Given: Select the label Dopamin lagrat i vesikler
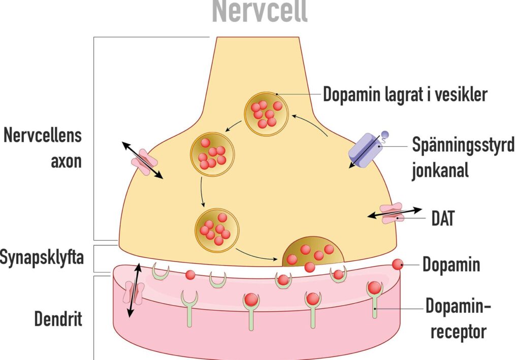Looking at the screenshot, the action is (405, 94).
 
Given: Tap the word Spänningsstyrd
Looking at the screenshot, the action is (463, 145).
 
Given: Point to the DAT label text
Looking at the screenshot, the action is (443, 218).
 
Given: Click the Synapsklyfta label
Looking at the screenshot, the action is (42, 258).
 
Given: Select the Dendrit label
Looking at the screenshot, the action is (58, 319).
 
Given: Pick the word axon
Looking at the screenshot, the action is (67, 161).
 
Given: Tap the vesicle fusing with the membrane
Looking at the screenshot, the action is (313, 252).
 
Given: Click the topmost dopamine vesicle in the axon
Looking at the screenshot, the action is (266, 114).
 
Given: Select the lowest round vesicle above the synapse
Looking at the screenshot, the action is (217, 231).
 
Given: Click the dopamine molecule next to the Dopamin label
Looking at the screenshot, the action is (398, 265).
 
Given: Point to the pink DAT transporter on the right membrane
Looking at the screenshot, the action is (393, 213).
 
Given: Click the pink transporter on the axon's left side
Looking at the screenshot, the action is (144, 162).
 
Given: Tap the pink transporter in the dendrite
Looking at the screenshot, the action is (134, 292).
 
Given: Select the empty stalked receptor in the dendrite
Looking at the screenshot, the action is (189, 308).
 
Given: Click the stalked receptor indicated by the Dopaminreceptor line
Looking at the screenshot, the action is (374, 300).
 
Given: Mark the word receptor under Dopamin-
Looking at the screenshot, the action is (459, 332).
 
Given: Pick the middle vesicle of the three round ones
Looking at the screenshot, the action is (212, 153).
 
